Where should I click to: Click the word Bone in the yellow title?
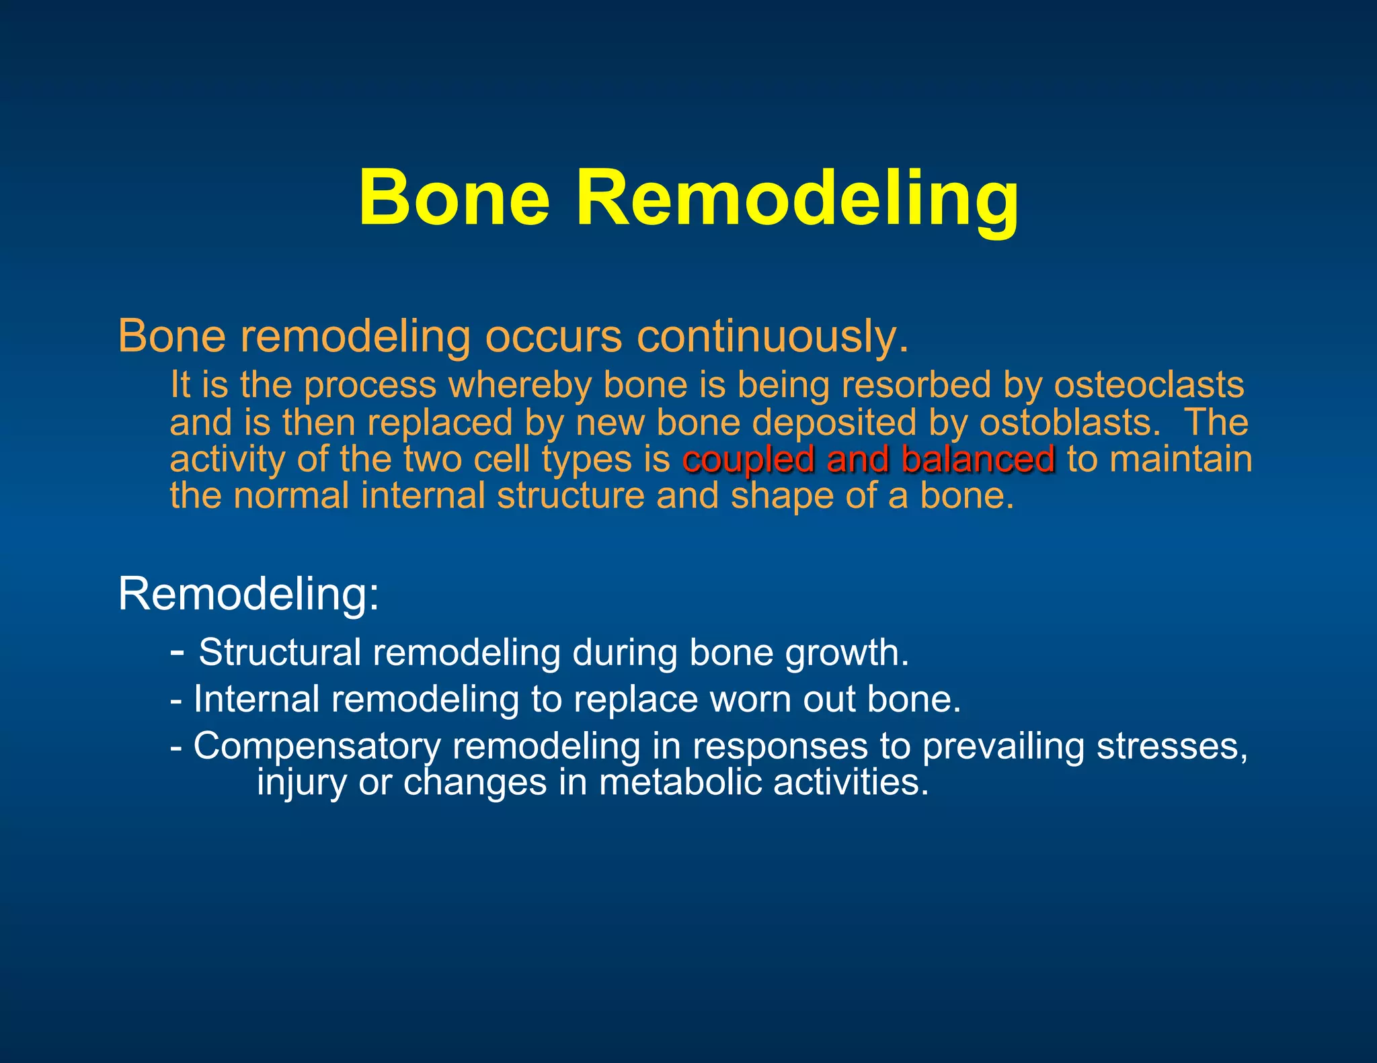pos(455,199)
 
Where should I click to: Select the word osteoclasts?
pos(1148,385)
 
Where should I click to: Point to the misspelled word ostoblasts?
pos(1070,423)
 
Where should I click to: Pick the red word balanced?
pos(978,460)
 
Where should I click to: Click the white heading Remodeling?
pos(249,594)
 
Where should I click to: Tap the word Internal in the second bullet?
pos(256,699)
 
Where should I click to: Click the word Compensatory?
pos(316,747)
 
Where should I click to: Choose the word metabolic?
pos(680,783)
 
